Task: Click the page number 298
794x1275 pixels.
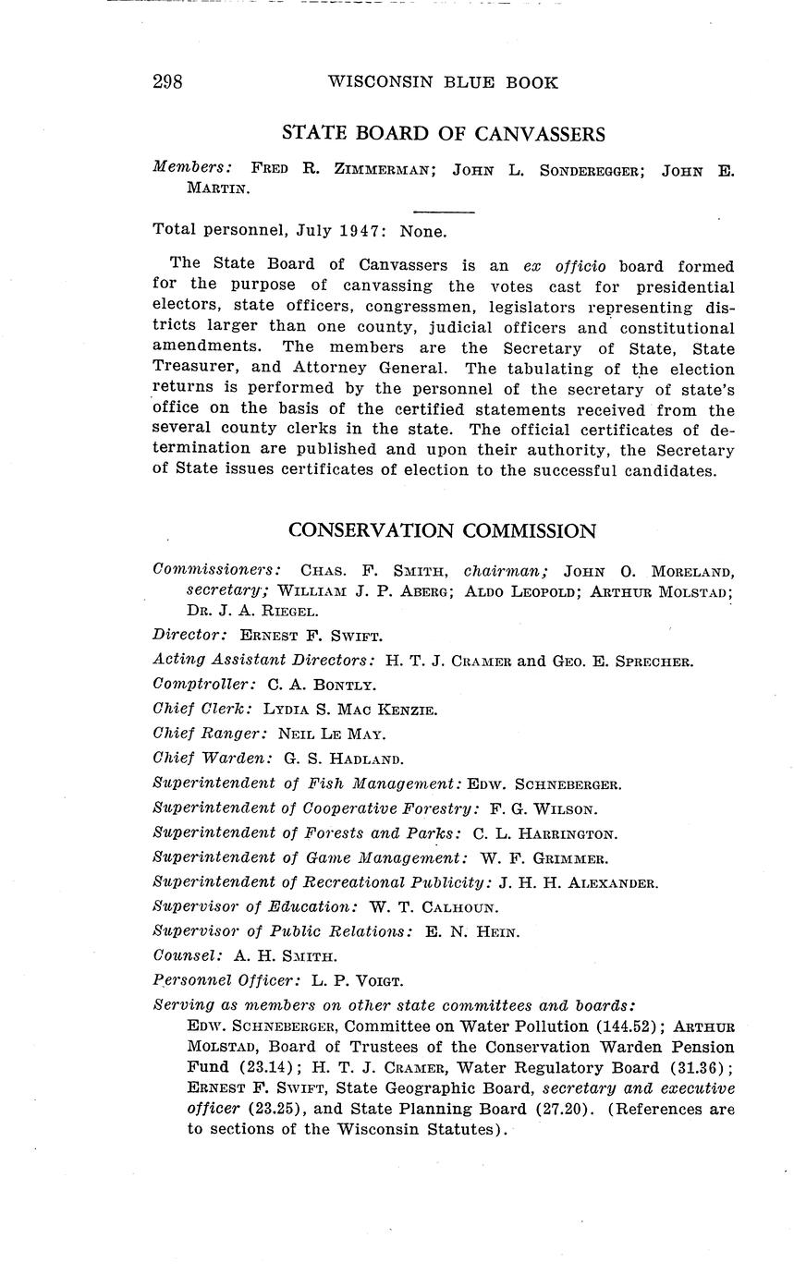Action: [x=167, y=82]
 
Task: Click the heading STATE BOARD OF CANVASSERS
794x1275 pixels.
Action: [x=443, y=134]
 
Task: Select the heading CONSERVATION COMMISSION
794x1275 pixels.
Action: [x=442, y=530]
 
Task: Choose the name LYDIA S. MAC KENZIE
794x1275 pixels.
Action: [x=350, y=710]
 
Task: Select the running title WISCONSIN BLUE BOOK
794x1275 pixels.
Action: [x=443, y=82]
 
